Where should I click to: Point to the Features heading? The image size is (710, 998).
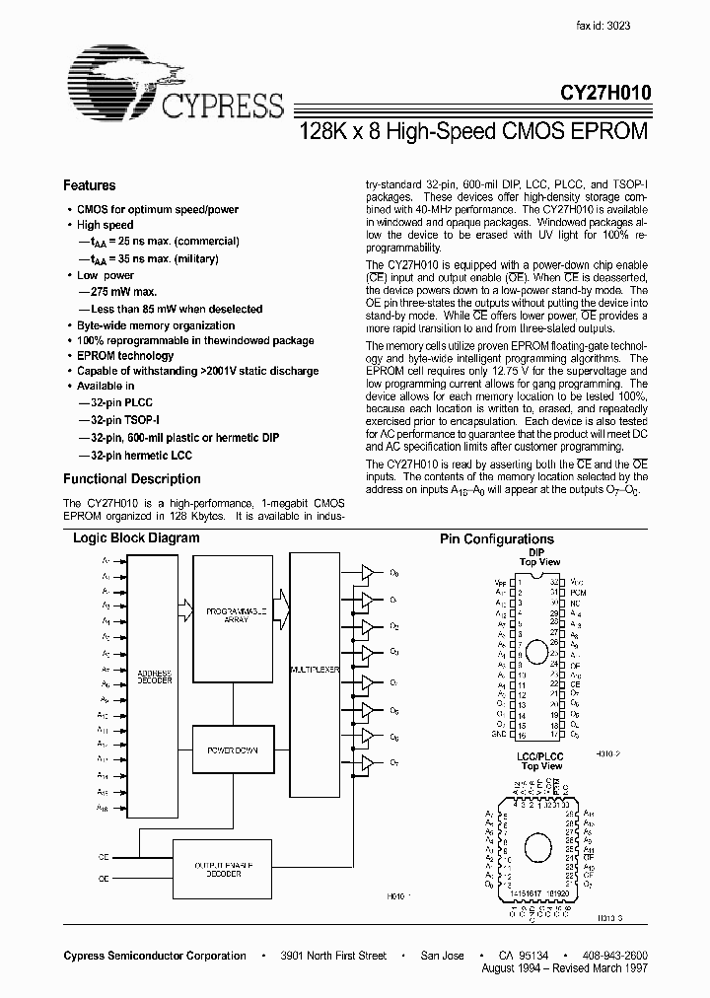click(x=89, y=185)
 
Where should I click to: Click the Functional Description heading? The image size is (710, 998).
click(x=131, y=479)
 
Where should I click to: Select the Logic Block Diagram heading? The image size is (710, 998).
click(x=136, y=538)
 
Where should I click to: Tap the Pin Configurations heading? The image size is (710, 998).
click(x=496, y=539)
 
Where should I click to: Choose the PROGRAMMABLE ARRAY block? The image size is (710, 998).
click(x=233, y=615)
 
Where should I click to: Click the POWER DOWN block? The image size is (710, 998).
click(x=233, y=750)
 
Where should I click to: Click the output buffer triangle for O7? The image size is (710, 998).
click(x=366, y=762)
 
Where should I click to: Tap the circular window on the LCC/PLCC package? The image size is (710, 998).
click(x=536, y=846)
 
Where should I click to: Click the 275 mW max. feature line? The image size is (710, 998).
click(x=118, y=293)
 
